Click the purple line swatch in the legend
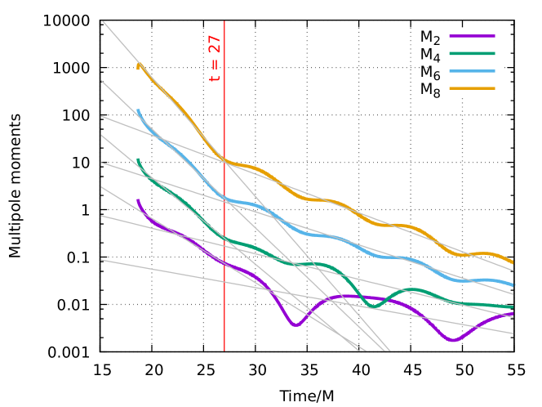point(472,36)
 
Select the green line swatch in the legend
point(472,53)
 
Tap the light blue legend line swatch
point(472,71)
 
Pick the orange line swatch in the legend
point(472,88)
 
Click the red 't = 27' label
point(215,58)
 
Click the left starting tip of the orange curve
point(138,65)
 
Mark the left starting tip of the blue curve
point(138,110)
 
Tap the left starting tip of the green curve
point(138,160)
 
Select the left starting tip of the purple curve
point(138,200)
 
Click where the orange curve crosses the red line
point(224,160)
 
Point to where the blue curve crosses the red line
point(224,197)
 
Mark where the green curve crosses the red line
point(224,238)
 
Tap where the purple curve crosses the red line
point(224,263)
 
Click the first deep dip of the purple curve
point(295,325)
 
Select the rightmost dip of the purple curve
point(453,341)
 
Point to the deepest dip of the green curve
point(375,306)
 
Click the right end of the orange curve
point(513,262)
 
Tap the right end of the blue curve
point(513,284)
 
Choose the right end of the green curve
point(513,307)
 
